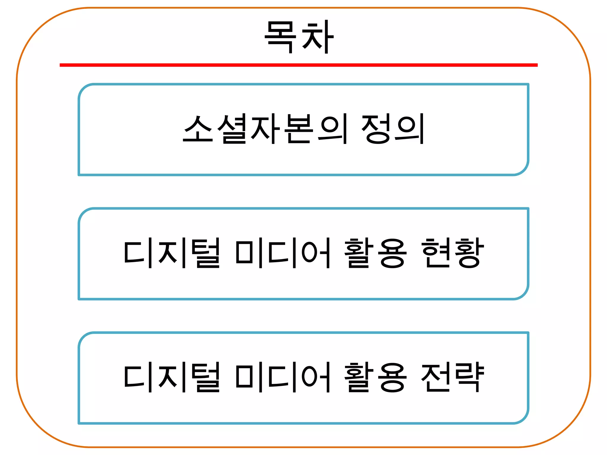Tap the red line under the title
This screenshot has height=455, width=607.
[x=298, y=65]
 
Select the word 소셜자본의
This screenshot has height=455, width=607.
[x=265, y=129]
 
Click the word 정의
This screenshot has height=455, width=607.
[x=393, y=129]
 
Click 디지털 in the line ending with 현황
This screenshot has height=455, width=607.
[x=172, y=253]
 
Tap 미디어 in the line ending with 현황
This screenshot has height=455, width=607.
[x=283, y=253]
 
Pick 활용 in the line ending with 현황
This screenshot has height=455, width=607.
[x=376, y=253]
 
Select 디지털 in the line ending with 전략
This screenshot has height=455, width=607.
[x=172, y=377]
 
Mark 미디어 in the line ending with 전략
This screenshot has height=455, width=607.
[x=283, y=377]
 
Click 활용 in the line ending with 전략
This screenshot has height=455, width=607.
[x=376, y=377]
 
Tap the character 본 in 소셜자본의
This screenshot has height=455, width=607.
[x=299, y=129]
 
